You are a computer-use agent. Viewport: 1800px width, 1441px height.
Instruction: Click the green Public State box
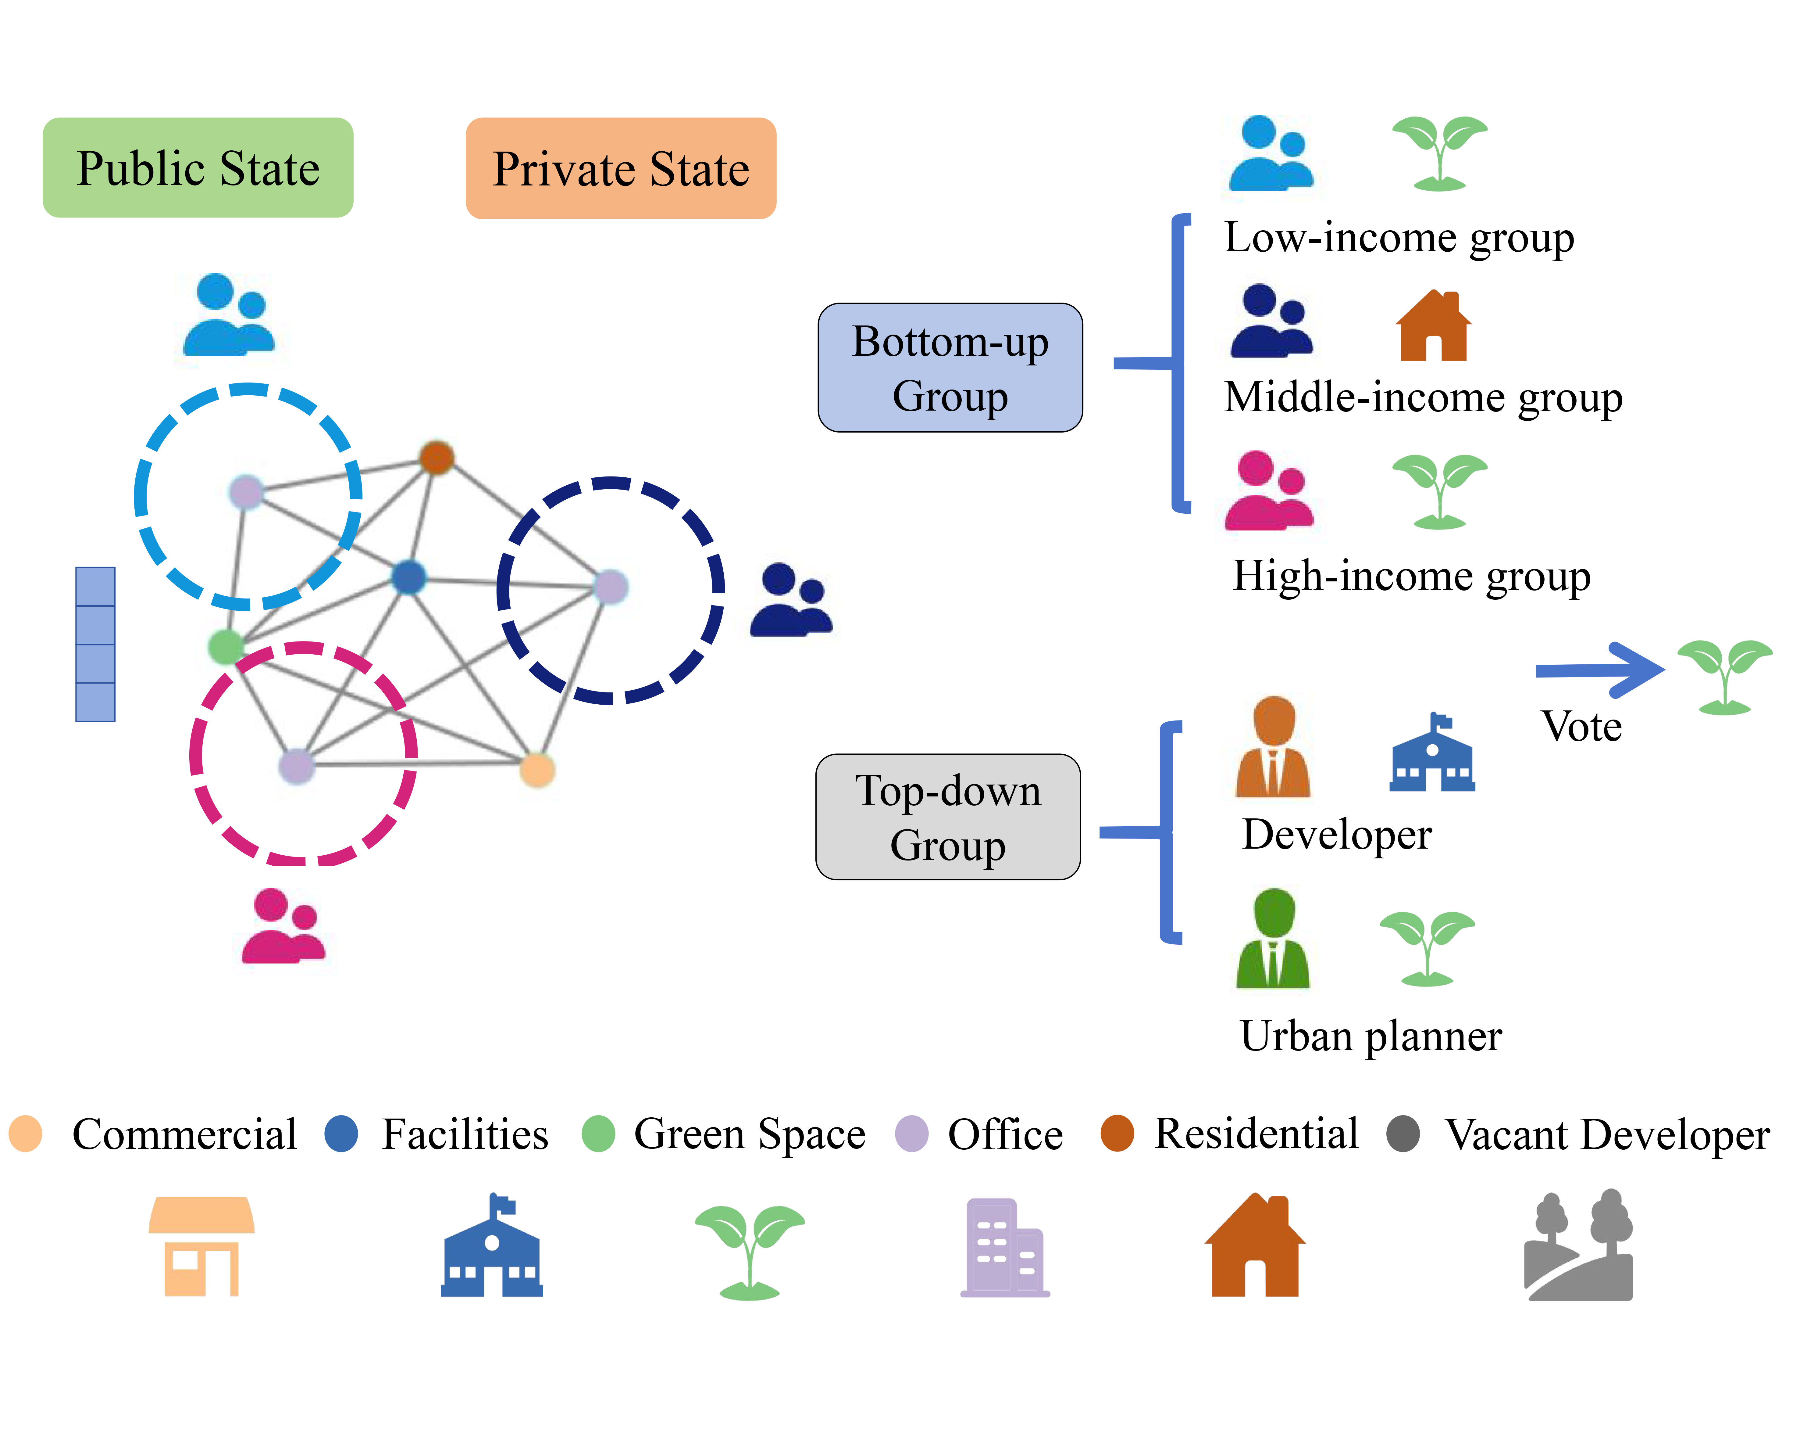tap(198, 168)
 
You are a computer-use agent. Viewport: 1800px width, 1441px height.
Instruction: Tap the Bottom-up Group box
tap(950, 368)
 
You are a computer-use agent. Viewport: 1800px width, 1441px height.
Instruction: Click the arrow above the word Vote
tap(1599, 670)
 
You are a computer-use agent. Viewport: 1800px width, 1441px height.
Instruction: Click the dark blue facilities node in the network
tap(408, 577)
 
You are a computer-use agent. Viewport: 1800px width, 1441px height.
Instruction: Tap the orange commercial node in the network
tap(537, 769)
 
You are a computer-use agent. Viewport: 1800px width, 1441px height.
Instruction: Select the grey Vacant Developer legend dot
tap(1403, 1134)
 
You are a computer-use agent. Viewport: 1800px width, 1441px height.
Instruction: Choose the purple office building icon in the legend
tap(1005, 1247)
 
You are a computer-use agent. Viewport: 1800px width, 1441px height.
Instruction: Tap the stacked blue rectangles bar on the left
tap(95, 644)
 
